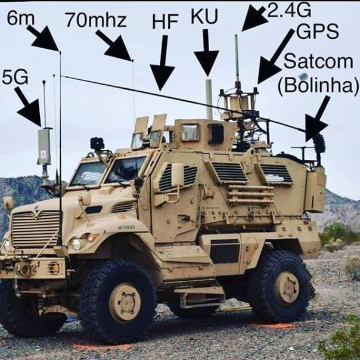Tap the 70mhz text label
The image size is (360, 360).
96,20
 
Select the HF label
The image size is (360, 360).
165,22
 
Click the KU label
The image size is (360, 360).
204,16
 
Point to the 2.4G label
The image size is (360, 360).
289,10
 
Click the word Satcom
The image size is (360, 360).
318,61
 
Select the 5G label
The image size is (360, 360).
15,77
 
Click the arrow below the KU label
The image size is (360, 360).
206,52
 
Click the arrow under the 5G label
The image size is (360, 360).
29,107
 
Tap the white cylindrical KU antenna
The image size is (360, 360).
209,100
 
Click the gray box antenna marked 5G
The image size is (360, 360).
44,146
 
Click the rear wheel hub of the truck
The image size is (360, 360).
287,287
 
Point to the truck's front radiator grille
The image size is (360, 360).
36,230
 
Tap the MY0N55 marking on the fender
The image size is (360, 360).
126,227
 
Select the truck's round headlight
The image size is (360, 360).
76,244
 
